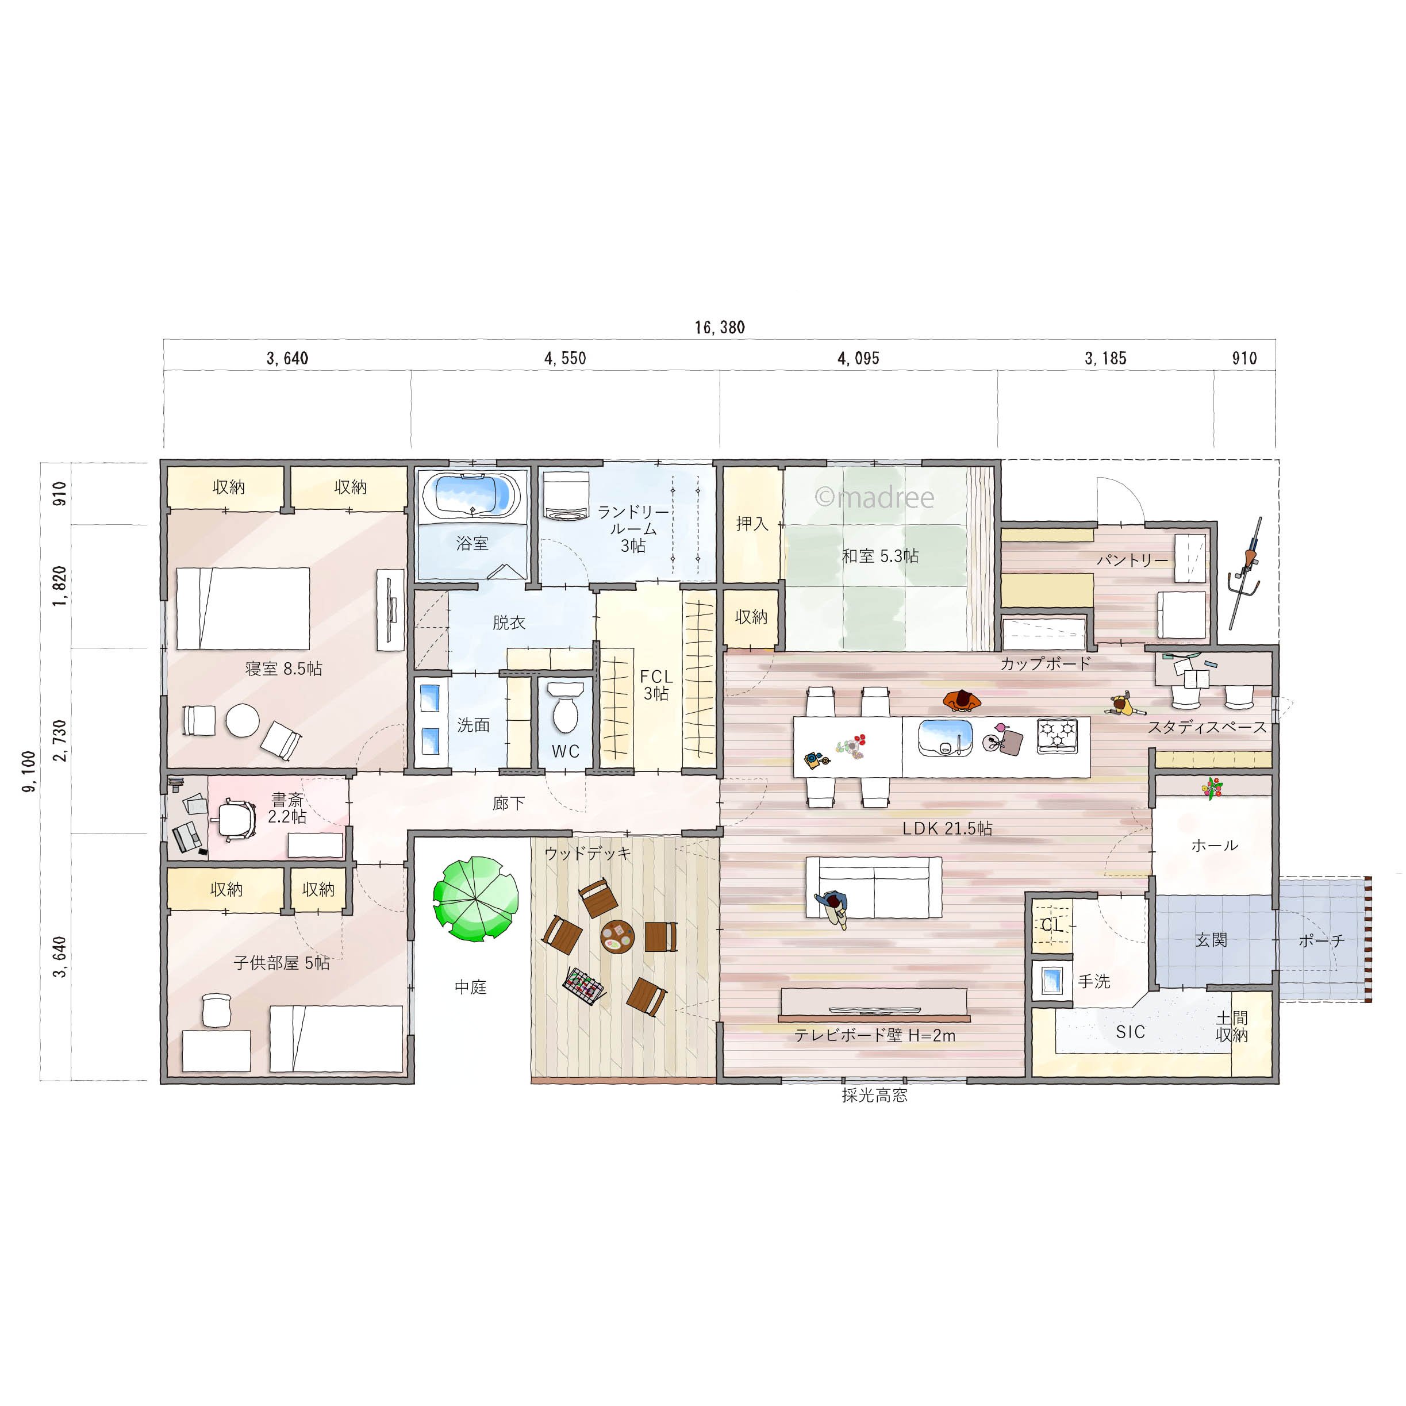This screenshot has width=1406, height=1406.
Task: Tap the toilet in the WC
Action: (x=564, y=709)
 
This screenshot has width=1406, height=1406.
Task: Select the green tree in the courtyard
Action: (x=475, y=899)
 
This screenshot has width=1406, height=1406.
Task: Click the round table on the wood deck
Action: (x=617, y=936)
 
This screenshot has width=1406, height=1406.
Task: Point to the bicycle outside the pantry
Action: (x=1246, y=575)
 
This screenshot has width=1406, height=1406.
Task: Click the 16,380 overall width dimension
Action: (x=719, y=328)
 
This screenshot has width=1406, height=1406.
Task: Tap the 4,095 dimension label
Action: (x=858, y=358)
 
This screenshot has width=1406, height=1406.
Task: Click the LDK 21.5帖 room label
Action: (x=947, y=828)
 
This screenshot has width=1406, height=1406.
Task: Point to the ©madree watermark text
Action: (x=874, y=497)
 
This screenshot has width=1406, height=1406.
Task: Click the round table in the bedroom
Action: (x=243, y=720)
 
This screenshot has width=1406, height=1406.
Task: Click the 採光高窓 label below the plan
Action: (x=874, y=1095)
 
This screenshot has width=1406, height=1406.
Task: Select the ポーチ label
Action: (x=1321, y=941)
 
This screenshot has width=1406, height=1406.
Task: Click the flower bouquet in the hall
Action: (x=1212, y=787)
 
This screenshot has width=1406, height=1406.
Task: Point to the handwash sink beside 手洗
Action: (x=1051, y=980)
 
